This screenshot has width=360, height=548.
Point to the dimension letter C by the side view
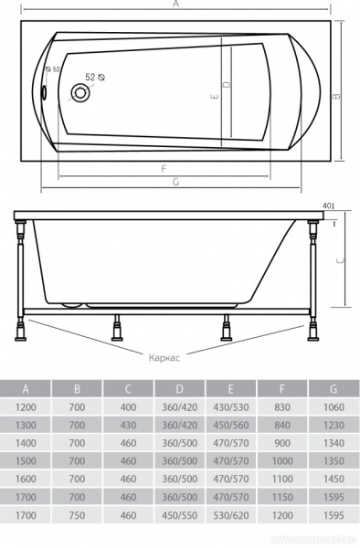340,259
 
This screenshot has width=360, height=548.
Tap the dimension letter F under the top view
162,169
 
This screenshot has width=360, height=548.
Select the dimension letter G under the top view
174,182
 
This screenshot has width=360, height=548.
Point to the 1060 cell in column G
334,406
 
